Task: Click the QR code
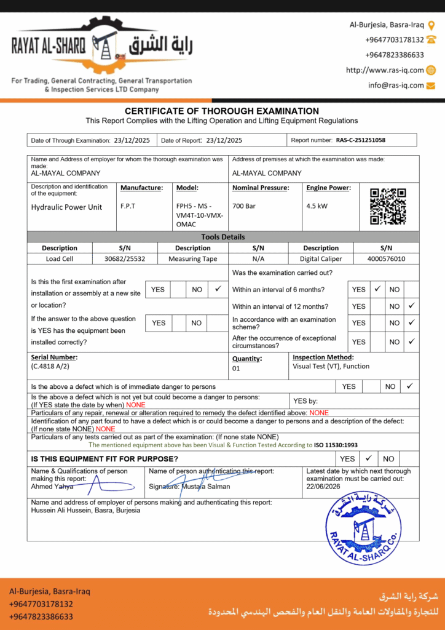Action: click(x=388, y=206)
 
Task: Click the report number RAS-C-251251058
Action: click(x=360, y=140)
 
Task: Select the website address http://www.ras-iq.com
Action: click(x=385, y=70)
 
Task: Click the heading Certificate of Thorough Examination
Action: click(x=222, y=111)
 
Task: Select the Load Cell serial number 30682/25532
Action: click(x=125, y=259)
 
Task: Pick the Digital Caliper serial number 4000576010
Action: click(x=386, y=259)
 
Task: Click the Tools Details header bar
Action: click(x=222, y=237)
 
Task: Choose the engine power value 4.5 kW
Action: click(x=317, y=206)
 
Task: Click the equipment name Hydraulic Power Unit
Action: click(x=66, y=207)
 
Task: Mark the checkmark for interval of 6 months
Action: click(x=378, y=289)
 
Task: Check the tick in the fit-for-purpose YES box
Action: click(x=368, y=458)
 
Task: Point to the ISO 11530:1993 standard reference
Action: click(x=336, y=445)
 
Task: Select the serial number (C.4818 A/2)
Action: click(x=50, y=366)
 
